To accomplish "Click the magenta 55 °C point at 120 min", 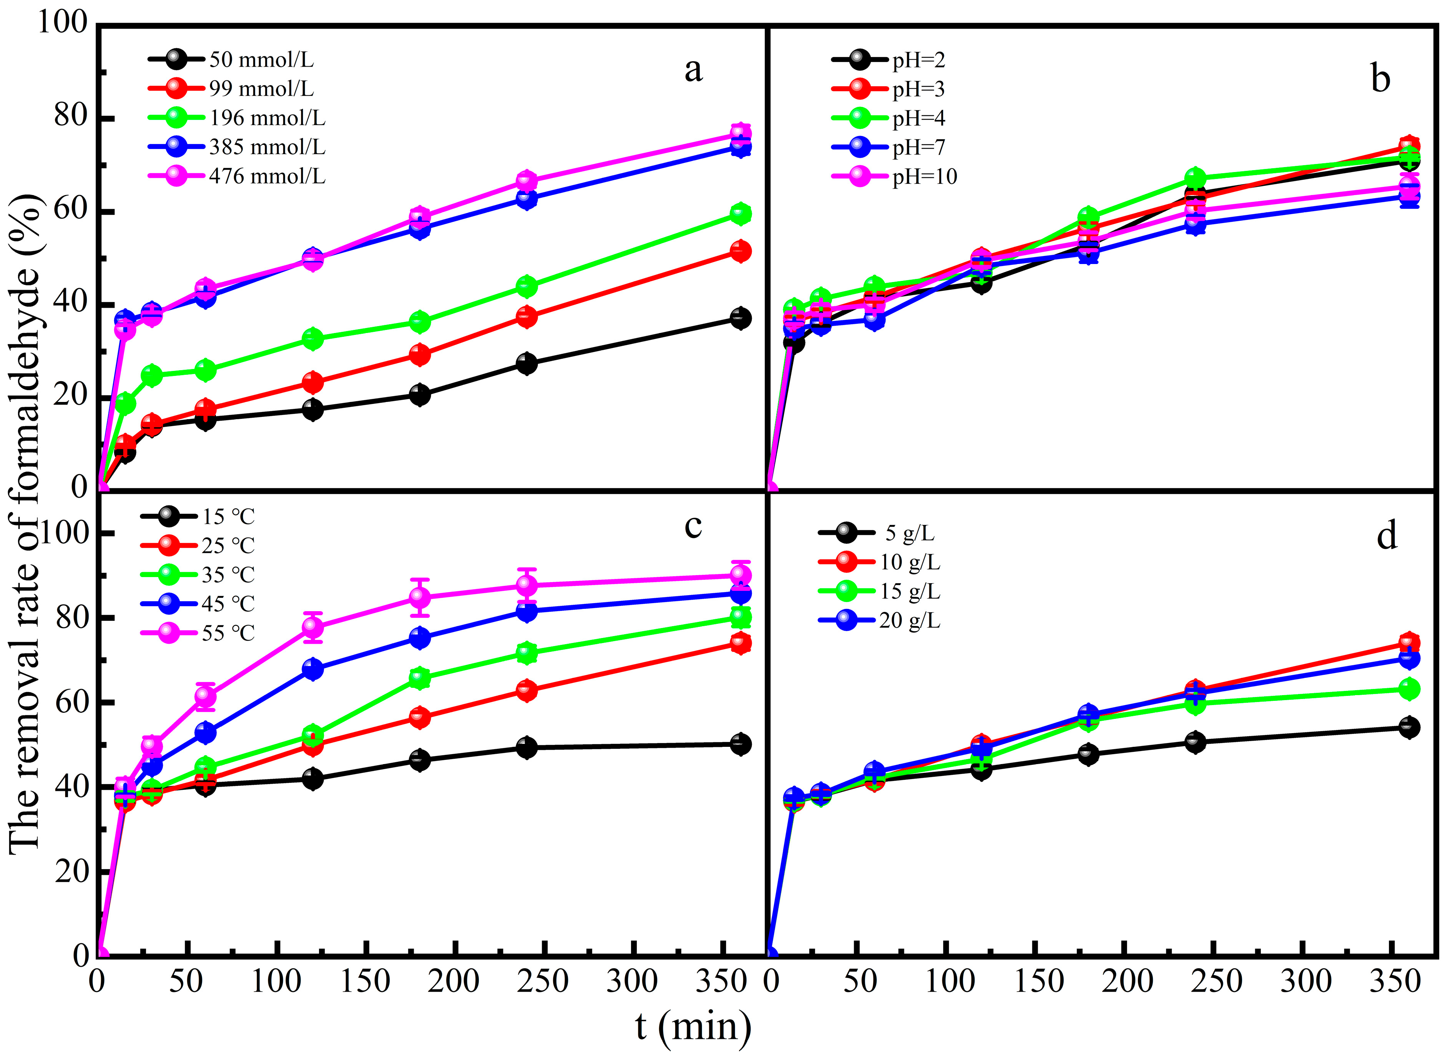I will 313,627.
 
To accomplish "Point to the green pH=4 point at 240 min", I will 1195,178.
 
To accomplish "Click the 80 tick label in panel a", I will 71,117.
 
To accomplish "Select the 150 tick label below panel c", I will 365,981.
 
